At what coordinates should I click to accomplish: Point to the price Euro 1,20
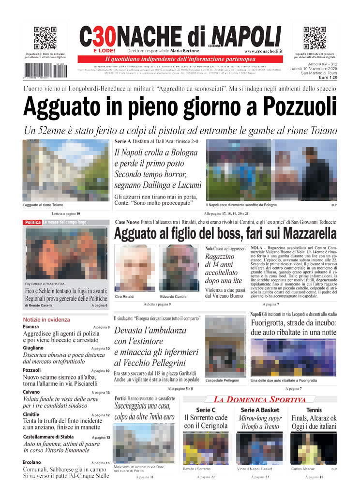point(327,77)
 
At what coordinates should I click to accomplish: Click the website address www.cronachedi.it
point(264,51)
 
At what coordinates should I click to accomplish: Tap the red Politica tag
point(32,222)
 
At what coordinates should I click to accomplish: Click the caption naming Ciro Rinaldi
point(125,296)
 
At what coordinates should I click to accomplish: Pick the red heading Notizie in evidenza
point(46,320)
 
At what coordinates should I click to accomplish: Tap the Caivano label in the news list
point(31,392)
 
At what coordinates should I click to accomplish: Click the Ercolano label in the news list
point(32,462)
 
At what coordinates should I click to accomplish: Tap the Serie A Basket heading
point(260,410)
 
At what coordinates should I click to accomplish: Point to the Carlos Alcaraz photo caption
point(303,469)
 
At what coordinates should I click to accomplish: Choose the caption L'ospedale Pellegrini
point(222,381)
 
